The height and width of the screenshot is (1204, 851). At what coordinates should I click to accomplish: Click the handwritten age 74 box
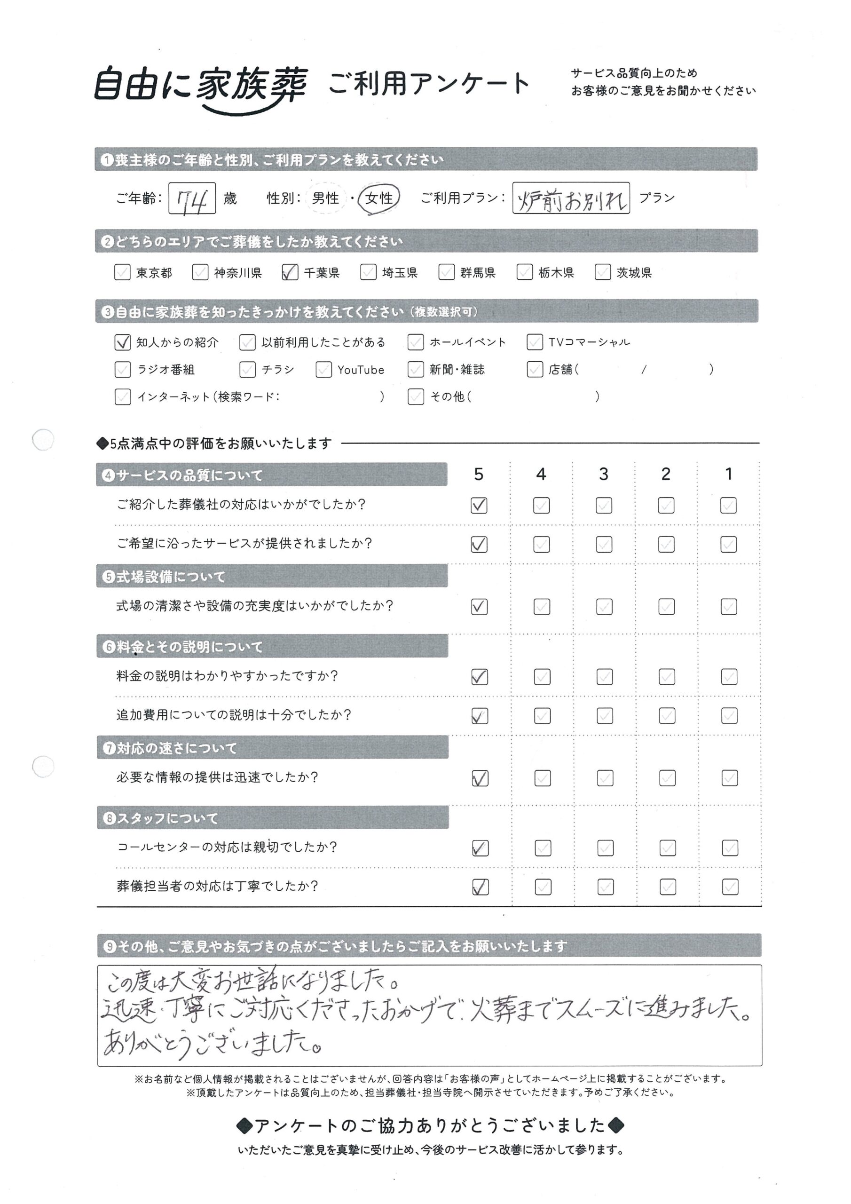point(192,198)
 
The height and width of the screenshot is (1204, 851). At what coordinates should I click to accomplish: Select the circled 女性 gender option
point(378,198)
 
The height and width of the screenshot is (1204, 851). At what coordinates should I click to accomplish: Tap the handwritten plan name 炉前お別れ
point(571,198)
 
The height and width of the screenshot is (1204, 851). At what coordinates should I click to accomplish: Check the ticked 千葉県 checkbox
point(290,272)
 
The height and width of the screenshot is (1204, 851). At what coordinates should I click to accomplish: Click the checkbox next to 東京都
point(122,272)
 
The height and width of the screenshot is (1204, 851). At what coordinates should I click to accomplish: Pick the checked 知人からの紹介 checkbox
point(122,342)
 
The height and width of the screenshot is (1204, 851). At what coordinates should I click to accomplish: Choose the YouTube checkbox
point(323,370)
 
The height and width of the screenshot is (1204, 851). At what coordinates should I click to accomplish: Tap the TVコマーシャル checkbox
point(534,342)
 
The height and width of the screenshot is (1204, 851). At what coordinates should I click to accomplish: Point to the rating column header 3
point(604,474)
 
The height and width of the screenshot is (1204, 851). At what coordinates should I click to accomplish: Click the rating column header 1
point(728,474)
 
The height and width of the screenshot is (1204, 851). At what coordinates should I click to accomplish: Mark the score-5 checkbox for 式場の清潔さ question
point(479,607)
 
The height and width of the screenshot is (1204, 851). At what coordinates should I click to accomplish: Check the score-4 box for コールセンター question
point(543,848)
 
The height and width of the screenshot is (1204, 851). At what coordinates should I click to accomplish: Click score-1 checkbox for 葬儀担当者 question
point(730,887)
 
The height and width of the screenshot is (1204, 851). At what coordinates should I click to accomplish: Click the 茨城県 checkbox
point(602,272)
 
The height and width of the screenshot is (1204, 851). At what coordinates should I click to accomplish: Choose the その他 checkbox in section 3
point(415,397)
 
